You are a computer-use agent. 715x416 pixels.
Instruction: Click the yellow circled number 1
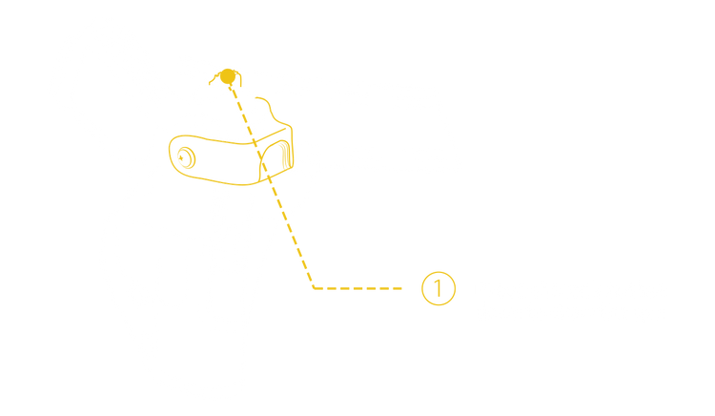coord(434,287)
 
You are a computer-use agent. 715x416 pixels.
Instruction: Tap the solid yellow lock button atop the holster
coord(226,75)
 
